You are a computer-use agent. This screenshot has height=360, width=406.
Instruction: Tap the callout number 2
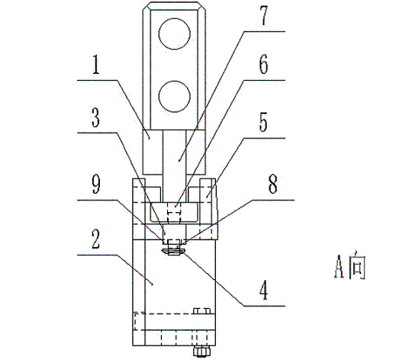click(x=96, y=239)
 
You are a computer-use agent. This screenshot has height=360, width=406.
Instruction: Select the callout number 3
click(x=95, y=117)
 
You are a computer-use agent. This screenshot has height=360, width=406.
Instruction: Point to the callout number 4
click(x=263, y=291)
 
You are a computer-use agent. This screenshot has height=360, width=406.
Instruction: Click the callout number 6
click(x=263, y=64)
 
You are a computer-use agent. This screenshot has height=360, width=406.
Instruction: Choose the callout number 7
click(x=263, y=16)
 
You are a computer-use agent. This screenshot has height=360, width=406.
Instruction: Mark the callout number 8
click(x=272, y=184)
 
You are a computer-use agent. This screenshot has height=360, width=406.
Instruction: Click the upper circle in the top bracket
click(x=174, y=34)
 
